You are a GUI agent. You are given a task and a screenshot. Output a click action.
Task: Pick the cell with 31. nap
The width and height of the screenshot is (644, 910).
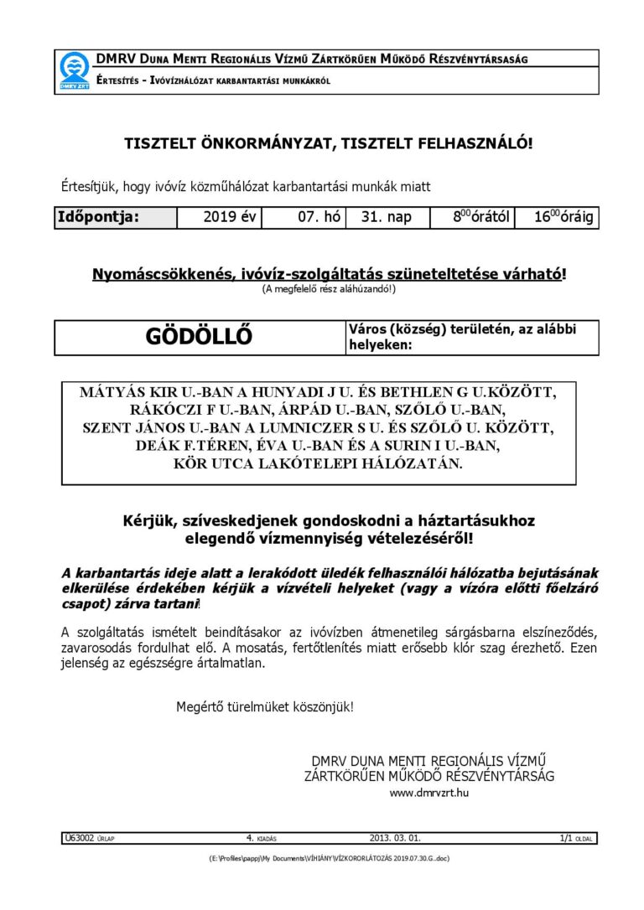tap(386, 218)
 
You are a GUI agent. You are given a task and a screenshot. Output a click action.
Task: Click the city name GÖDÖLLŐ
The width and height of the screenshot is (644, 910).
tap(199, 338)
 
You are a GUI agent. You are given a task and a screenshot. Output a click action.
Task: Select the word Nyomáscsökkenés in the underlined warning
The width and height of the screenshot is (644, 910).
tap(156, 274)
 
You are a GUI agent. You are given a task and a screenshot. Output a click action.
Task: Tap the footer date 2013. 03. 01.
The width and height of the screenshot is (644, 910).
tap(395, 837)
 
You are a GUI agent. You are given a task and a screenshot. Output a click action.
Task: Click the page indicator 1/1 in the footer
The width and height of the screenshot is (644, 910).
tap(565, 837)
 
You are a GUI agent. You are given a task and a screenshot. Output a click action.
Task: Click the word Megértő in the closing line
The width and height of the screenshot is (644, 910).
tap(198, 706)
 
